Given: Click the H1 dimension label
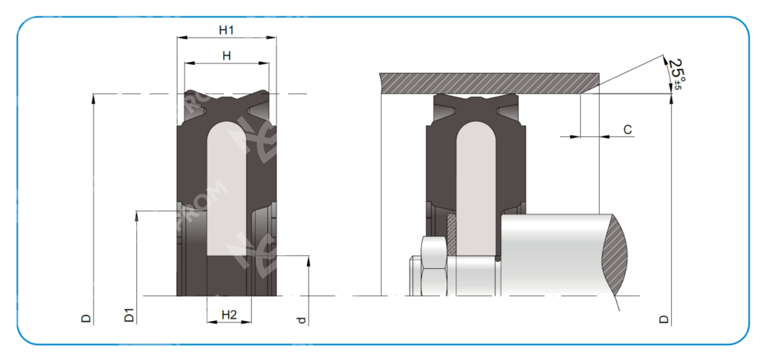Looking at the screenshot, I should (x=226, y=30).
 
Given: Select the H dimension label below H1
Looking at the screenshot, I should (x=226, y=56).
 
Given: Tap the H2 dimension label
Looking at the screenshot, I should (x=229, y=315).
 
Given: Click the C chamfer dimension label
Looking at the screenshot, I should (x=627, y=130).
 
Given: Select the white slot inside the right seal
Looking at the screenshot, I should (x=477, y=184).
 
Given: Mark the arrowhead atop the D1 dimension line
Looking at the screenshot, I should (x=136, y=216).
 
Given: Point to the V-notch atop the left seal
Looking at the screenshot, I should (x=227, y=99).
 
